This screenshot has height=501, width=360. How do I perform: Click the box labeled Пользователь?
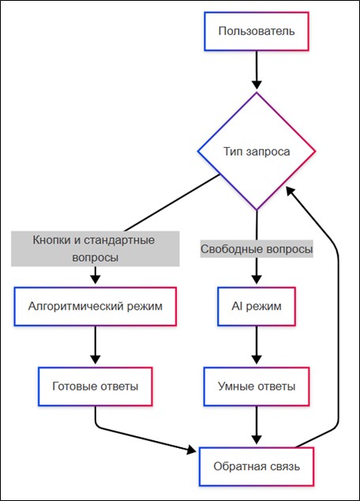[257, 32]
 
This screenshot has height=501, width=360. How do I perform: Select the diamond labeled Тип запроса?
[257, 151]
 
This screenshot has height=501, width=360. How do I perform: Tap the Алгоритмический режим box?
[95, 307]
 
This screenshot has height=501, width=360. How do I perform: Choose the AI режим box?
[257, 307]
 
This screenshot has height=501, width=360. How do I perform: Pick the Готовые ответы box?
[95, 386]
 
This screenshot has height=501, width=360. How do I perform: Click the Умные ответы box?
[257, 386]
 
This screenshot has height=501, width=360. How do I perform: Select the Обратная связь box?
[257, 467]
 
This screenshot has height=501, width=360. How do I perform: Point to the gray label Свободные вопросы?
[257, 249]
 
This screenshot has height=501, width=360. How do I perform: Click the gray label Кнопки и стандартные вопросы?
[95, 249]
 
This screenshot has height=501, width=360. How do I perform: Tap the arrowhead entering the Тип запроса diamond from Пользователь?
[257, 85]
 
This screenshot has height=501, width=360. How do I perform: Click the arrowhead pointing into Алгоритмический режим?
[95, 279]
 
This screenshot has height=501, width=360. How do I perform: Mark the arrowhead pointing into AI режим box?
[257, 279]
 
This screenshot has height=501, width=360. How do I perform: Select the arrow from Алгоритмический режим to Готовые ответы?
[95, 345]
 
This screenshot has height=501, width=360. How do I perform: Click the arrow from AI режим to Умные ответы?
[257, 345]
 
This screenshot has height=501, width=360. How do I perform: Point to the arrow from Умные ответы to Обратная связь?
[257, 425]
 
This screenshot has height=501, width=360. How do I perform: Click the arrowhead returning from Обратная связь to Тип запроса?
[290, 191]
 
